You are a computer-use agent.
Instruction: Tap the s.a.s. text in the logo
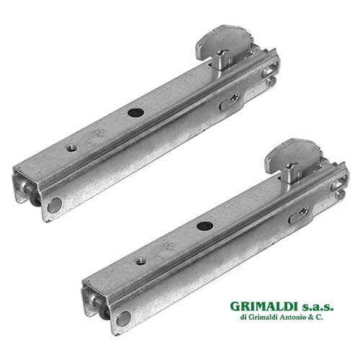click(x=315, y=307)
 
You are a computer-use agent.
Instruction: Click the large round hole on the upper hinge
click(x=135, y=112)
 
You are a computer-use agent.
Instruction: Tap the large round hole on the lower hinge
click(x=204, y=226)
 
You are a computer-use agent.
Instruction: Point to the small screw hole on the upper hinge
click(x=72, y=148)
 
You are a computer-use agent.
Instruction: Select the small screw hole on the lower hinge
click(x=141, y=261)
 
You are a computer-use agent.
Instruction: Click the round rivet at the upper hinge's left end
click(x=54, y=205)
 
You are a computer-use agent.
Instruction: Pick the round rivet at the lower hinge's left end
click(x=124, y=319)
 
